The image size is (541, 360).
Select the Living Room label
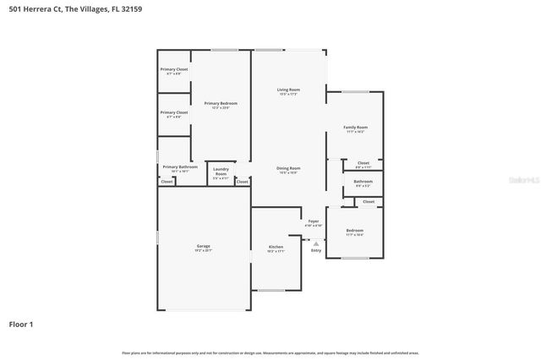pos(289,91)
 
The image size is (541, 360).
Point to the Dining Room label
pos(289,170)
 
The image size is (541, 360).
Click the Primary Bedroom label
pos(220,105)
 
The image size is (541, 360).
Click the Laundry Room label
pos(221,171)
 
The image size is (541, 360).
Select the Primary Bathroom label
pos(180,168)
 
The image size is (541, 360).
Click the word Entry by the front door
pos(316,250)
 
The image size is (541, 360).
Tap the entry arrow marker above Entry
pos(316,243)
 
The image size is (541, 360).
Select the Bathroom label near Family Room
pos(363,183)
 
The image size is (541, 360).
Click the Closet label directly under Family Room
pos(363,164)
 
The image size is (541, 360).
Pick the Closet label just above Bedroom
pos(369,202)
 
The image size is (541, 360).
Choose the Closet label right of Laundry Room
pos(243,182)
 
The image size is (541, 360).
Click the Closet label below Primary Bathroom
pos(167,182)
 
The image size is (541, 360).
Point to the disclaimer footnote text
pos(270,352)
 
